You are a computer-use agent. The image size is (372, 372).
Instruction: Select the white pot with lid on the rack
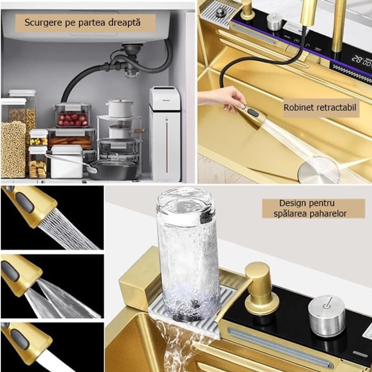[x=120, y=108]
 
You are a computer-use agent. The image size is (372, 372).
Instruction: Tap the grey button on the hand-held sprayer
[x=252, y=113]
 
